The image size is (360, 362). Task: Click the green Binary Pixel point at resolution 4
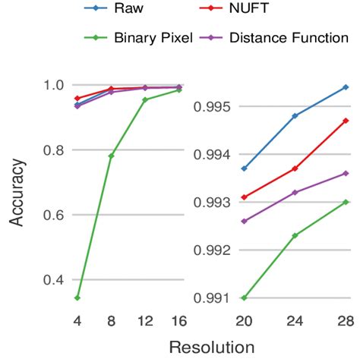[x=77, y=297]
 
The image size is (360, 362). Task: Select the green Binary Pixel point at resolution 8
[x=111, y=156]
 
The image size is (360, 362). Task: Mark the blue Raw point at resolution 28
[x=346, y=87]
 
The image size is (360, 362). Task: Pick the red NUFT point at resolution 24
[x=295, y=168]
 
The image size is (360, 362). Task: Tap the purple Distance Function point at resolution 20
[x=243, y=221]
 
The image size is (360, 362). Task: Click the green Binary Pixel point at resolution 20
[x=243, y=297]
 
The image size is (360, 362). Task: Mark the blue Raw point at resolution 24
[x=295, y=115]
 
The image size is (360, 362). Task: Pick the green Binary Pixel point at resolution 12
[x=145, y=99]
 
